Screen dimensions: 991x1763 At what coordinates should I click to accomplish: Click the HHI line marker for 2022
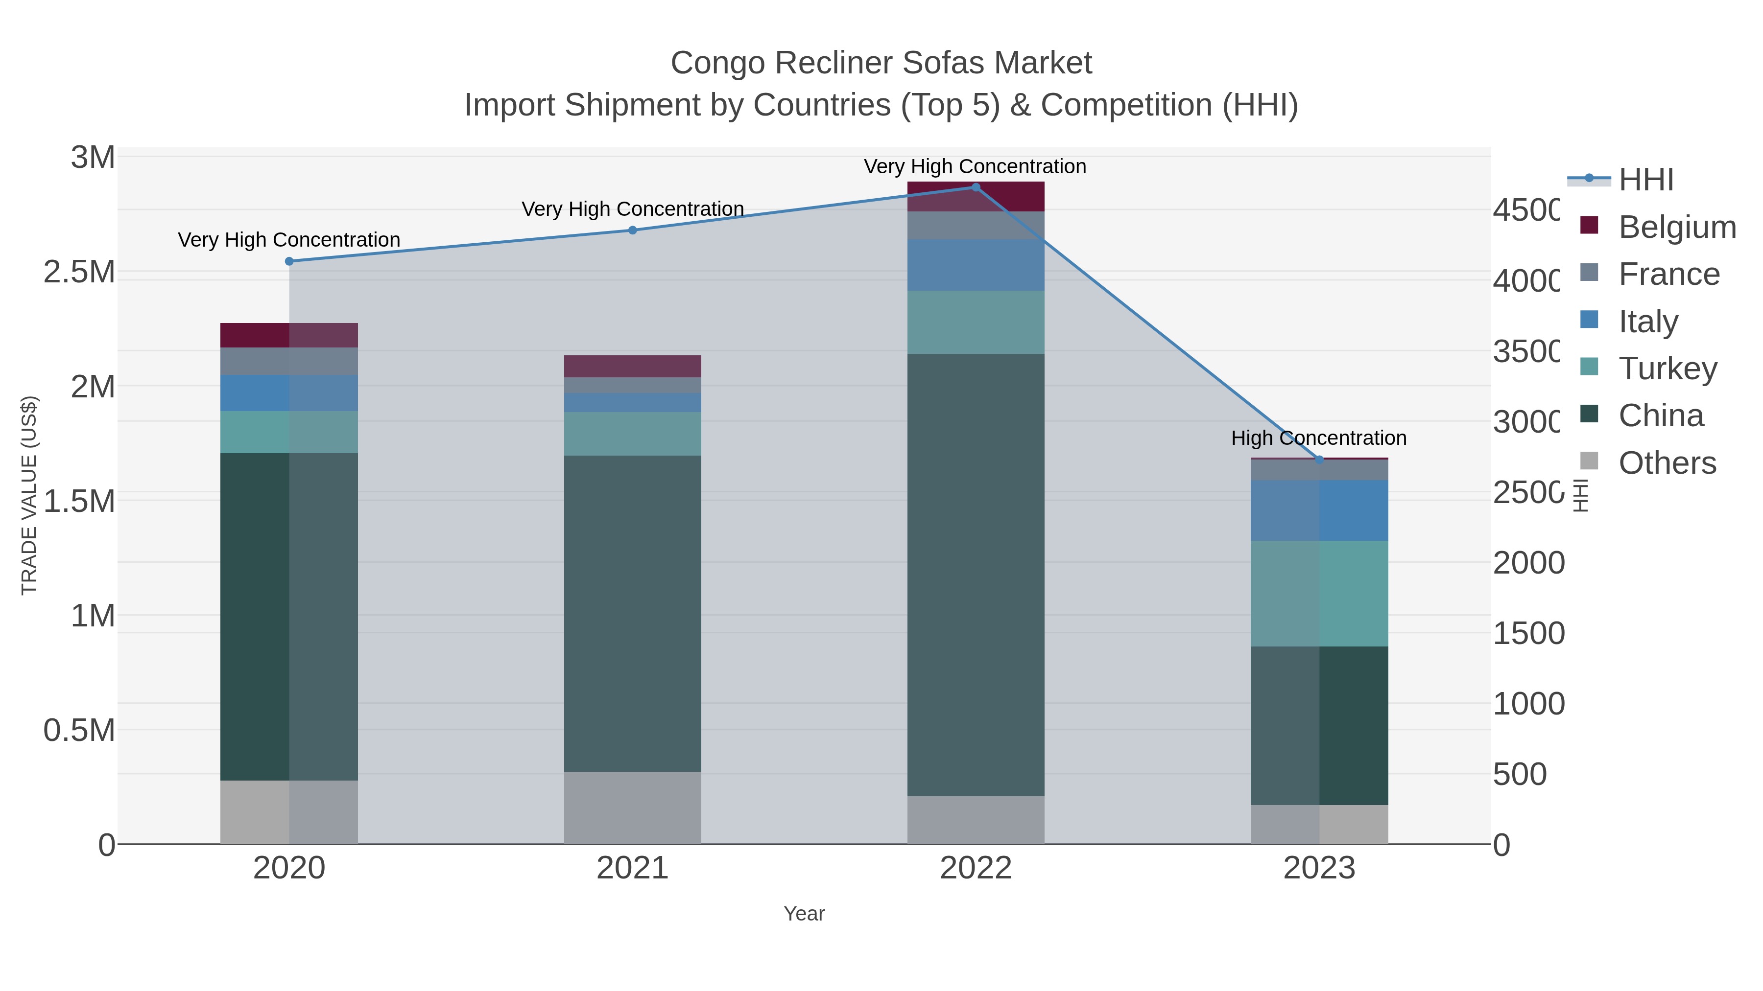[x=976, y=187]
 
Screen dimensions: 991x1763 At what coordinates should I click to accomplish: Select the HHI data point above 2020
[x=289, y=261]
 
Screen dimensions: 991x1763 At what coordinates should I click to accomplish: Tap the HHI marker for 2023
[x=1319, y=460]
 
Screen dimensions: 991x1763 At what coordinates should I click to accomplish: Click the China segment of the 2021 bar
[x=632, y=614]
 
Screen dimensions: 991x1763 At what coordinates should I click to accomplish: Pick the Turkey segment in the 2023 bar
[x=1319, y=594]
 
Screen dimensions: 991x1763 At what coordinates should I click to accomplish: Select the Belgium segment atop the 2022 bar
[x=976, y=197]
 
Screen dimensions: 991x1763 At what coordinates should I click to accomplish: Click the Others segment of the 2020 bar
[x=289, y=812]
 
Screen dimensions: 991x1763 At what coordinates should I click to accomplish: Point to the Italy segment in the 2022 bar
[x=976, y=265]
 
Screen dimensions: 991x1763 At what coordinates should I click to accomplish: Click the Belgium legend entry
[x=1677, y=227]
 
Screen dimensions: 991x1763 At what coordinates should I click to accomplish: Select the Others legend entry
[x=1667, y=463]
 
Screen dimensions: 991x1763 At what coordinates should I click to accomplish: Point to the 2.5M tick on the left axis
[x=79, y=272]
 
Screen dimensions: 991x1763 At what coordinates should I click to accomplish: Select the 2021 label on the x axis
[x=632, y=869]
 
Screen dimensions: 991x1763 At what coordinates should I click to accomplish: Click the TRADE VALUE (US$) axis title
[x=29, y=495]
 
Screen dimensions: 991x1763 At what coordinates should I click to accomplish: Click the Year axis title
[x=804, y=914]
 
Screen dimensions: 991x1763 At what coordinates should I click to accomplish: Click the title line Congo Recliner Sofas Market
[x=881, y=63]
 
